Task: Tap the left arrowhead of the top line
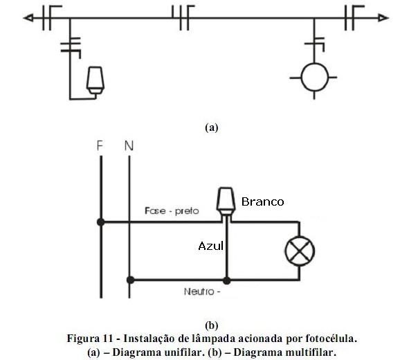pos(28,19)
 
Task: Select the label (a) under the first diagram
pos(212,127)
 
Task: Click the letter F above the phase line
pos(100,147)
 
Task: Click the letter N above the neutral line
pos(129,147)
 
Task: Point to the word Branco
pos(262,201)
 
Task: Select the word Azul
pos(210,246)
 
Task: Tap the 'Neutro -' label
pos(202,291)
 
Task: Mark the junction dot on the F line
pos(101,222)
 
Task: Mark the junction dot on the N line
pos(129,280)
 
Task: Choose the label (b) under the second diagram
pos(212,324)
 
